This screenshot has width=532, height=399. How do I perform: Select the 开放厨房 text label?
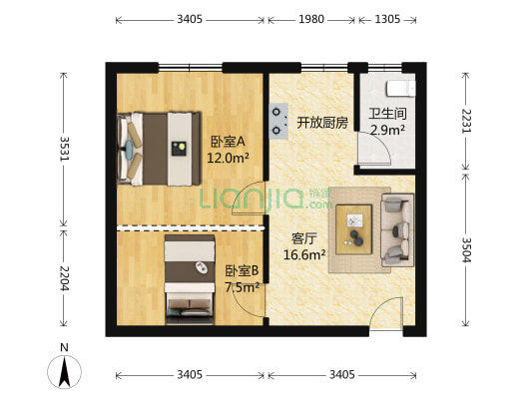321,123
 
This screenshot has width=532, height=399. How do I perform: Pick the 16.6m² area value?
304,255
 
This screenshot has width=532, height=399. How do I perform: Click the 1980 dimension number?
311,19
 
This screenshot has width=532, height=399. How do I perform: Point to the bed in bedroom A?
155,147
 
